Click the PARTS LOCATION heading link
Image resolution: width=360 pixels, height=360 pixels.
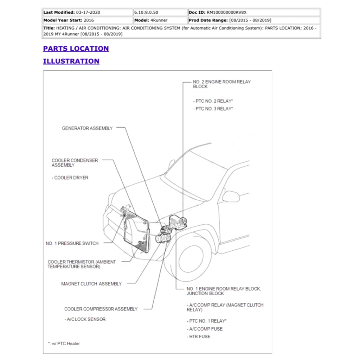click(76, 49)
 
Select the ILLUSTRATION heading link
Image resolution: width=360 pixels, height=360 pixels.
click(71, 61)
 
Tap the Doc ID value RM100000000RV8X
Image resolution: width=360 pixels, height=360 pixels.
click(229, 12)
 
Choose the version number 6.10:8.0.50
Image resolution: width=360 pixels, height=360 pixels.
click(146, 12)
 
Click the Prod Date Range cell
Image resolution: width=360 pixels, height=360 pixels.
click(230, 20)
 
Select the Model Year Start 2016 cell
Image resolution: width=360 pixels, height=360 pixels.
click(69, 20)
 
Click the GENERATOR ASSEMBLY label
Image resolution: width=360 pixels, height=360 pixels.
click(87, 128)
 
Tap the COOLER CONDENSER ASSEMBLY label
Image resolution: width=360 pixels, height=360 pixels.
click(75, 163)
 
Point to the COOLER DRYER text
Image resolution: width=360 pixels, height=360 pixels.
click(71, 178)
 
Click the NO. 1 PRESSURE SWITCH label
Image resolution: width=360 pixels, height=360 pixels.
click(72, 243)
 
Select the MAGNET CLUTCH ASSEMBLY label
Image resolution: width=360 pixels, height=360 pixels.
click(91, 284)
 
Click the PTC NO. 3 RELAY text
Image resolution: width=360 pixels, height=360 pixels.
click(213, 109)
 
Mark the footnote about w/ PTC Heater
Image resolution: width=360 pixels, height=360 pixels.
click(64, 343)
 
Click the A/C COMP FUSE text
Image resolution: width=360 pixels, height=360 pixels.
click(206, 329)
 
